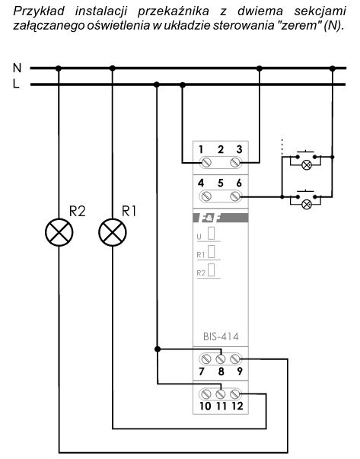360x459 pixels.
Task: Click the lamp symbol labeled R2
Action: pos(59,232)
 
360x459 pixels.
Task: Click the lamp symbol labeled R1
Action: pos(113,232)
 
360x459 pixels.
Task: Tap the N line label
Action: pos(17,68)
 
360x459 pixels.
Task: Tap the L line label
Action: pos(16,84)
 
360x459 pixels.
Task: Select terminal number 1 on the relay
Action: pos(205,162)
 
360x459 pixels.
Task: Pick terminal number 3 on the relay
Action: pos(236,162)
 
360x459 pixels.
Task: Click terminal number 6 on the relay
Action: pos(236,196)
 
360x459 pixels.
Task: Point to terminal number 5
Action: pos(221,183)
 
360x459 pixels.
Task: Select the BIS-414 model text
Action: pos(221,336)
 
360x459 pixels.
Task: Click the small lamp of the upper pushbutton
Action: pos(307,165)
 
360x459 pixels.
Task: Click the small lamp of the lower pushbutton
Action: pos(307,204)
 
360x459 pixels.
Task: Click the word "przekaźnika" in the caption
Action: pos(173,11)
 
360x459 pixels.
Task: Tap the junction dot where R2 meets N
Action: pos(59,69)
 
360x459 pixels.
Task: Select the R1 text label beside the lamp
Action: pos(129,211)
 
